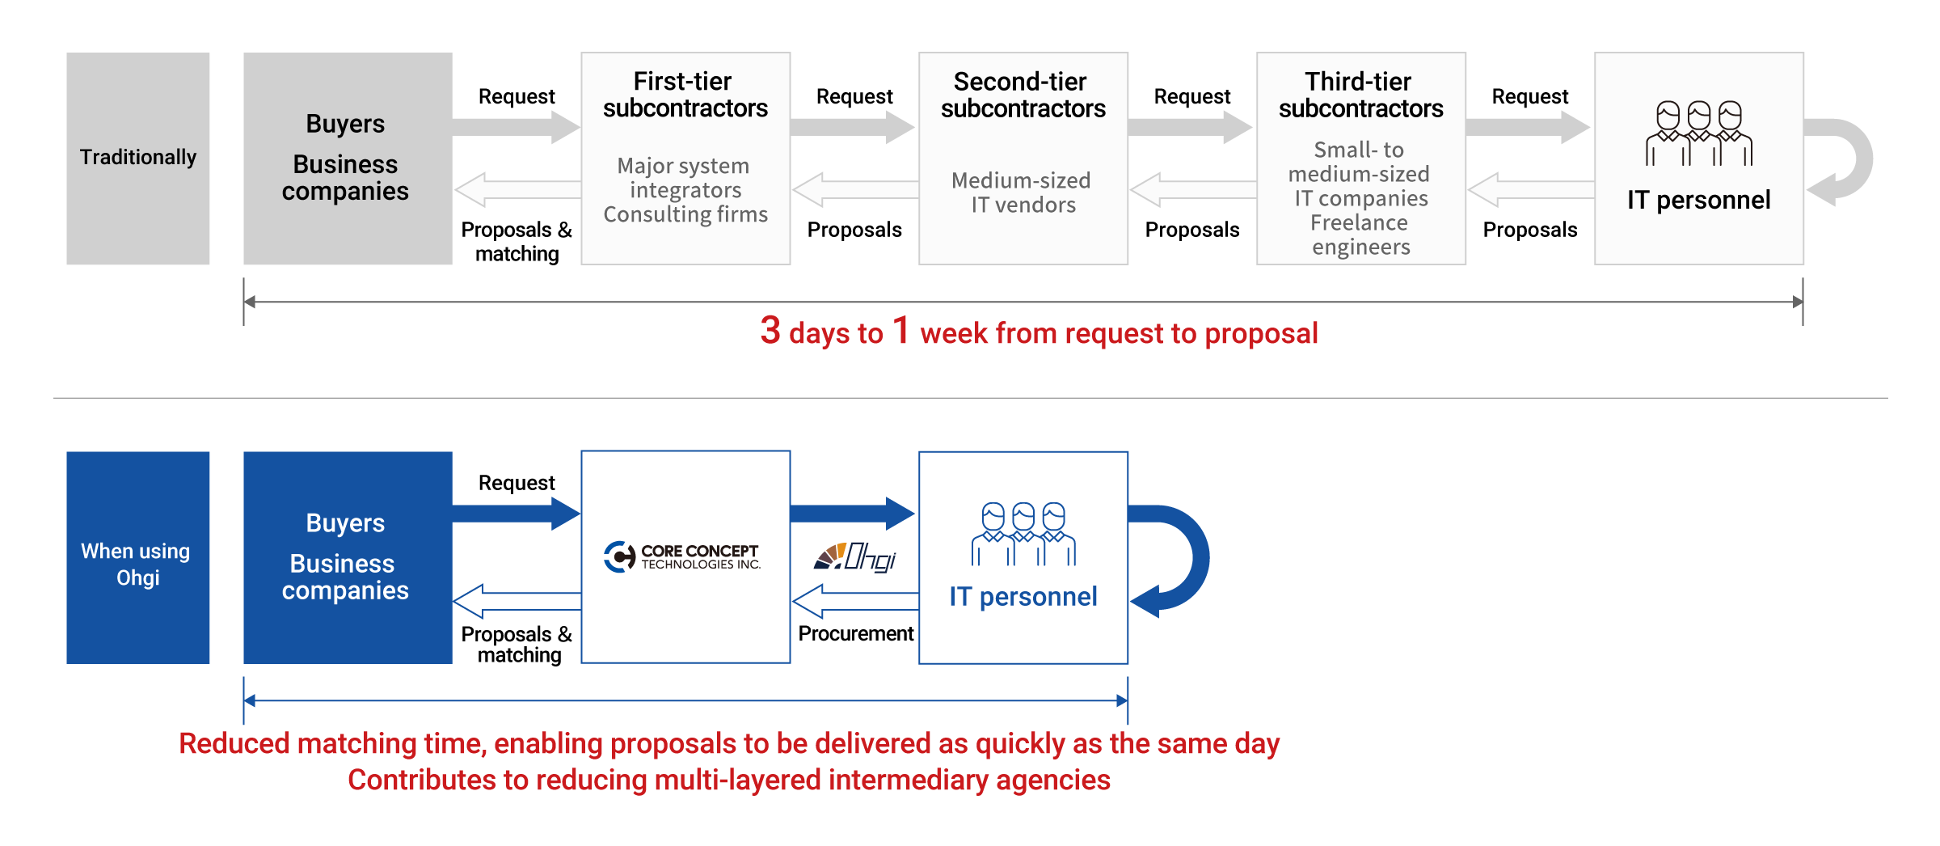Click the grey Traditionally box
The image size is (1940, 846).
(x=137, y=159)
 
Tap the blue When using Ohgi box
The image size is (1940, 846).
(x=137, y=557)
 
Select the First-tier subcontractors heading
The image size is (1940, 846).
(x=685, y=95)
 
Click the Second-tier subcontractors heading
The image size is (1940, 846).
(x=1023, y=95)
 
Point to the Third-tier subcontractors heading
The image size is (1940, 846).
(x=1360, y=95)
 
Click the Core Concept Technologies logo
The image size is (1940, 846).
(x=682, y=556)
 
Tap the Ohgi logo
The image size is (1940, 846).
(x=854, y=557)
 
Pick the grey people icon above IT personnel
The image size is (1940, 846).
(x=1698, y=133)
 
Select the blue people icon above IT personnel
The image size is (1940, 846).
(x=1023, y=534)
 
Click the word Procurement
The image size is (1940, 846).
(x=855, y=633)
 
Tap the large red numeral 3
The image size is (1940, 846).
(x=770, y=330)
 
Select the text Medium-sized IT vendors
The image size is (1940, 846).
(x=1023, y=192)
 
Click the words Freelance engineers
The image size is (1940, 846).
(x=1360, y=235)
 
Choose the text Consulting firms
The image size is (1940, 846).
(x=685, y=214)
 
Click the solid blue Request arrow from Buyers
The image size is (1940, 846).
(x=517, y=513)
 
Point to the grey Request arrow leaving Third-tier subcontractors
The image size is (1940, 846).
(x=1528, y=127)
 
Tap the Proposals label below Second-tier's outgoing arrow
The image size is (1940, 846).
(x=1192, y=230)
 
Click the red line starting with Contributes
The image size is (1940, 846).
(x=729, y=780)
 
